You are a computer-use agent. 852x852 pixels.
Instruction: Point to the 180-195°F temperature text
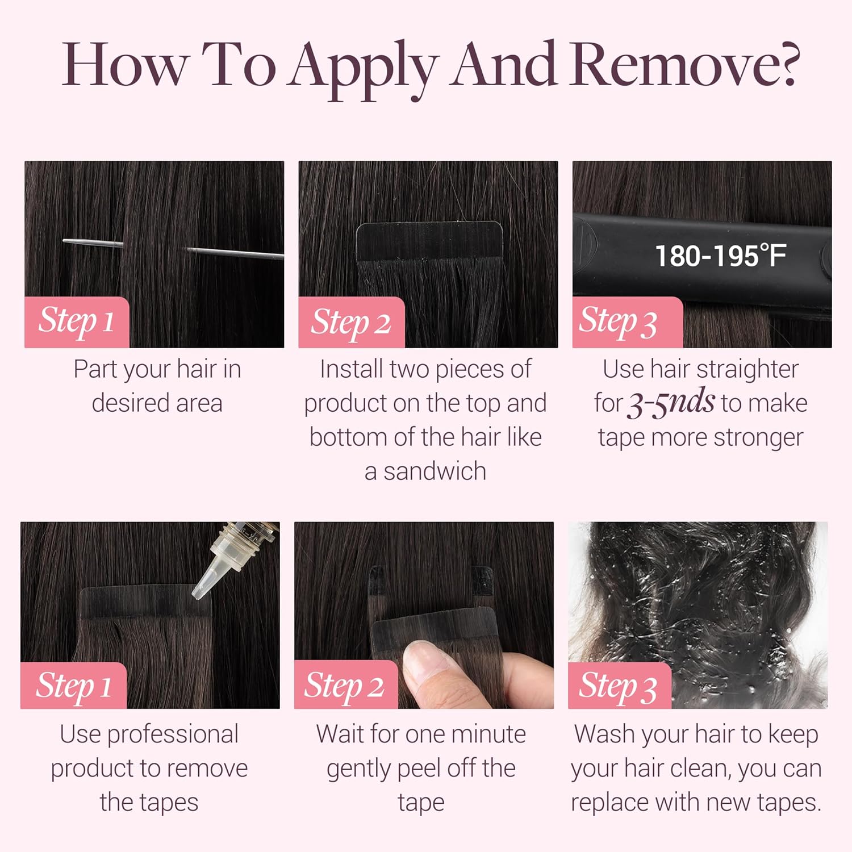(720, 256)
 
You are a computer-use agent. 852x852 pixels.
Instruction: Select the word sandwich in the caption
(435, 471)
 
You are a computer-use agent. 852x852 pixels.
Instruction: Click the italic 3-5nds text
(671, 402)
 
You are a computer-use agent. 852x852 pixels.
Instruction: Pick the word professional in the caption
(173, 735)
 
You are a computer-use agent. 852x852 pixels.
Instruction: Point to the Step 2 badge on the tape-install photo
(352, 322)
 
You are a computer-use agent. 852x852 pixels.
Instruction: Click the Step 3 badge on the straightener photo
(628, 322)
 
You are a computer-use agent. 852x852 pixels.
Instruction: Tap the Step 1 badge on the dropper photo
(73, 686)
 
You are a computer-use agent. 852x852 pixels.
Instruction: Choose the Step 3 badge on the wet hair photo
(620, 686)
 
